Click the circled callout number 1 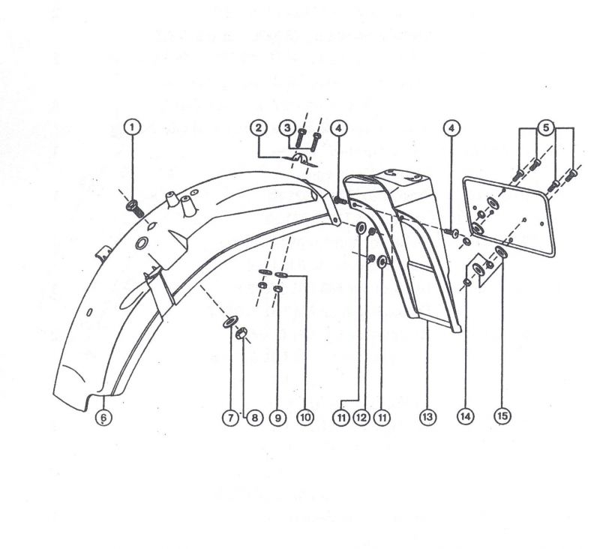133,127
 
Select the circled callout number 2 259,127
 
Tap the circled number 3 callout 287,127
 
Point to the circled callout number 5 546,127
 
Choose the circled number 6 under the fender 103,417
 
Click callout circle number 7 230,418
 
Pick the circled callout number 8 254,418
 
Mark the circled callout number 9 277,418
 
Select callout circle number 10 305,417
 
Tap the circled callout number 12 361,418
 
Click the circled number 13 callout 427,416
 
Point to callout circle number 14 465,415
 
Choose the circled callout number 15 502,415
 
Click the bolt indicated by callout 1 135,207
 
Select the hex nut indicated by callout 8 240,334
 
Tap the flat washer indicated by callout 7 229,321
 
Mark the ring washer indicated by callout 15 500,252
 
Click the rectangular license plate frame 509,216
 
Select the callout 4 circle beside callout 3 338,128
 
